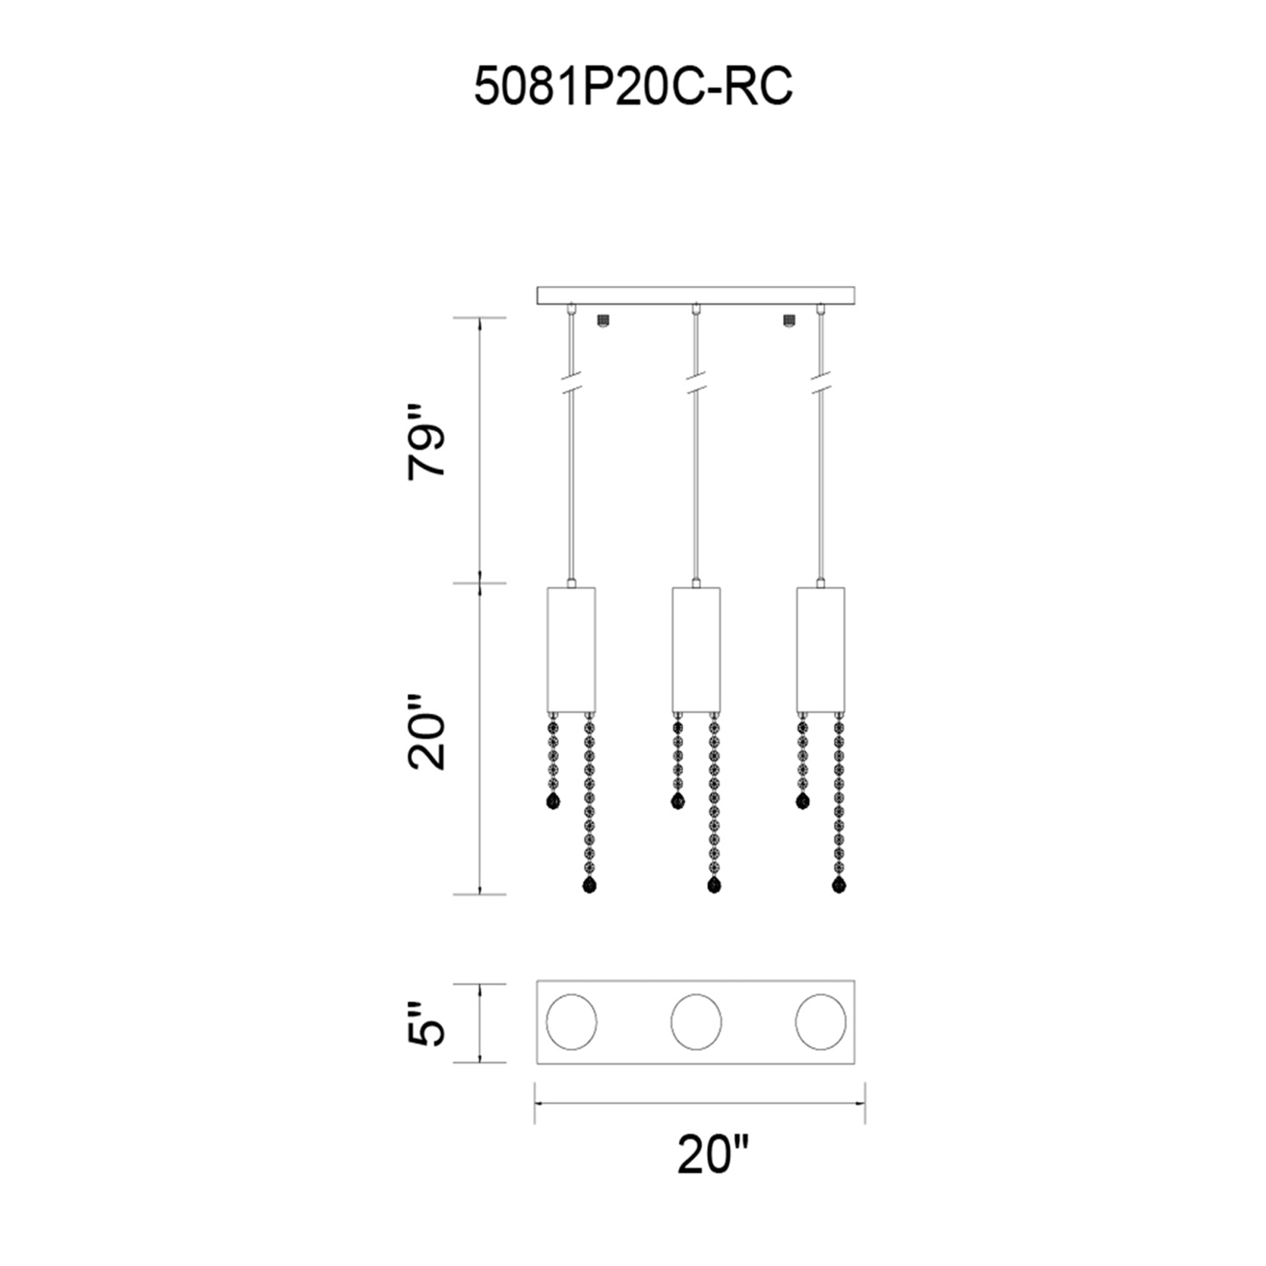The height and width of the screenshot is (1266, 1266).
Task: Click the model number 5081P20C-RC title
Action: point(633,87)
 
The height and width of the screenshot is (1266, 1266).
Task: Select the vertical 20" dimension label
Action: point(426,732)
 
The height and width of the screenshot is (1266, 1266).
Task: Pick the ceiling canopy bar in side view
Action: point(696,296)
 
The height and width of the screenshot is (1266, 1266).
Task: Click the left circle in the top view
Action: point(572,1022)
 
